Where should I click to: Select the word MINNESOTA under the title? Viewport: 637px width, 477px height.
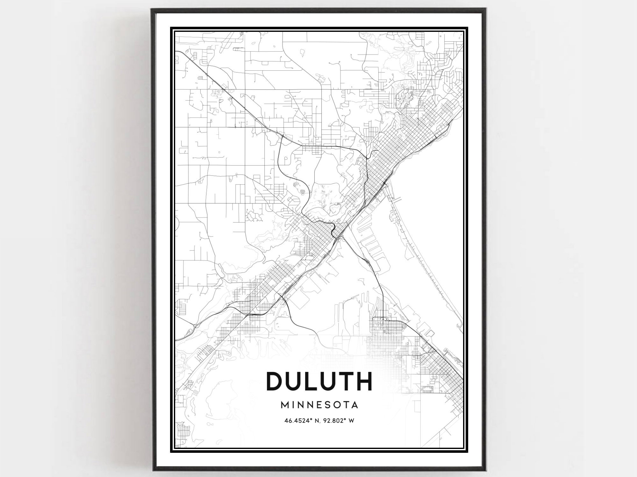[319, 405]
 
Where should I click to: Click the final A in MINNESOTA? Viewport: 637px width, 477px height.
[354, 405]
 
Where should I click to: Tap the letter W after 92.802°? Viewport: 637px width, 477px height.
[352, 421]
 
